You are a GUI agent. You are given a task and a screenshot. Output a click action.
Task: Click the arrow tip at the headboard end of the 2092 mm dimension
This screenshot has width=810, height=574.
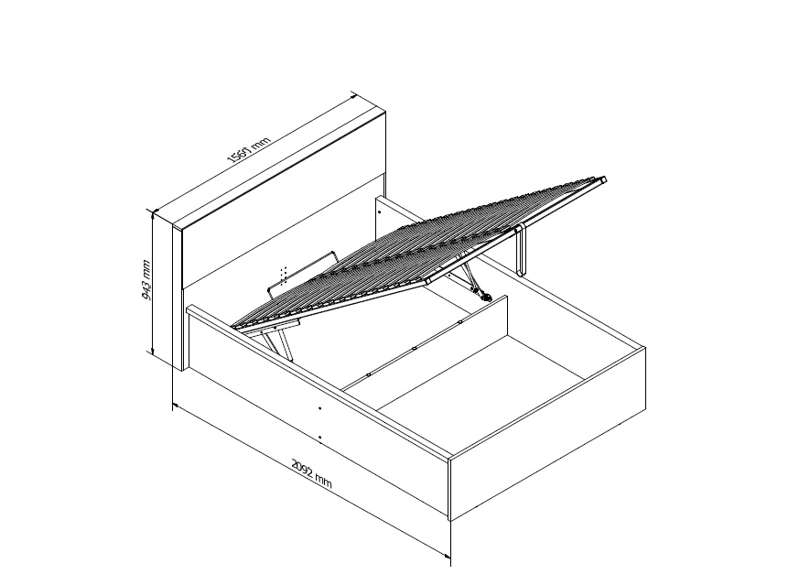[173, 404]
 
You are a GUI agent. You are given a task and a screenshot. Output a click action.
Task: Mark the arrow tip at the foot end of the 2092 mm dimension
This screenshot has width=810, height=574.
[450, 558]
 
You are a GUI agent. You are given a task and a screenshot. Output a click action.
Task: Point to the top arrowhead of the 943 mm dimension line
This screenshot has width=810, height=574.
[152, 211]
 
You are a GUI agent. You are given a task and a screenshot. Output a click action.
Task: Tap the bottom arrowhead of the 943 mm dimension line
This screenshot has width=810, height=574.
[152, 354]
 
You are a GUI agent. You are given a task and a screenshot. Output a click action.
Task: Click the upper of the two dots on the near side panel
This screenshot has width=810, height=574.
[319, 408]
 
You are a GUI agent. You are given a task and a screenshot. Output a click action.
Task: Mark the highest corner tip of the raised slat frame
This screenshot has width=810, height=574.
[605, 179]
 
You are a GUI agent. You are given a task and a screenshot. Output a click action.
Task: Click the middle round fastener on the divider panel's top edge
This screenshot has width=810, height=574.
[415, 348]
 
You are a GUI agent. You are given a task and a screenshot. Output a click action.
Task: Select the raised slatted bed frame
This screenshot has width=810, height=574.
[418, 254]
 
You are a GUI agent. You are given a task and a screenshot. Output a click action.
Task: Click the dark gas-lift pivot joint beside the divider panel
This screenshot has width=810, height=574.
[486, 297]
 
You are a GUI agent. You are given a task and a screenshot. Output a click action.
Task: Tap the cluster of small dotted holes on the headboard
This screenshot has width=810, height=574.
[283, 275]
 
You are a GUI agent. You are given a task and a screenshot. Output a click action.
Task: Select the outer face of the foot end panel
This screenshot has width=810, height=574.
[548, 434]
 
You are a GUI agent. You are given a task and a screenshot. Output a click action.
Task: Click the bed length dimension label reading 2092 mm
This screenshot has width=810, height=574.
[311, 473]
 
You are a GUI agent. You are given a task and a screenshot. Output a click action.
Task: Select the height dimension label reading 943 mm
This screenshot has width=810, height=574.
[146, 279]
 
